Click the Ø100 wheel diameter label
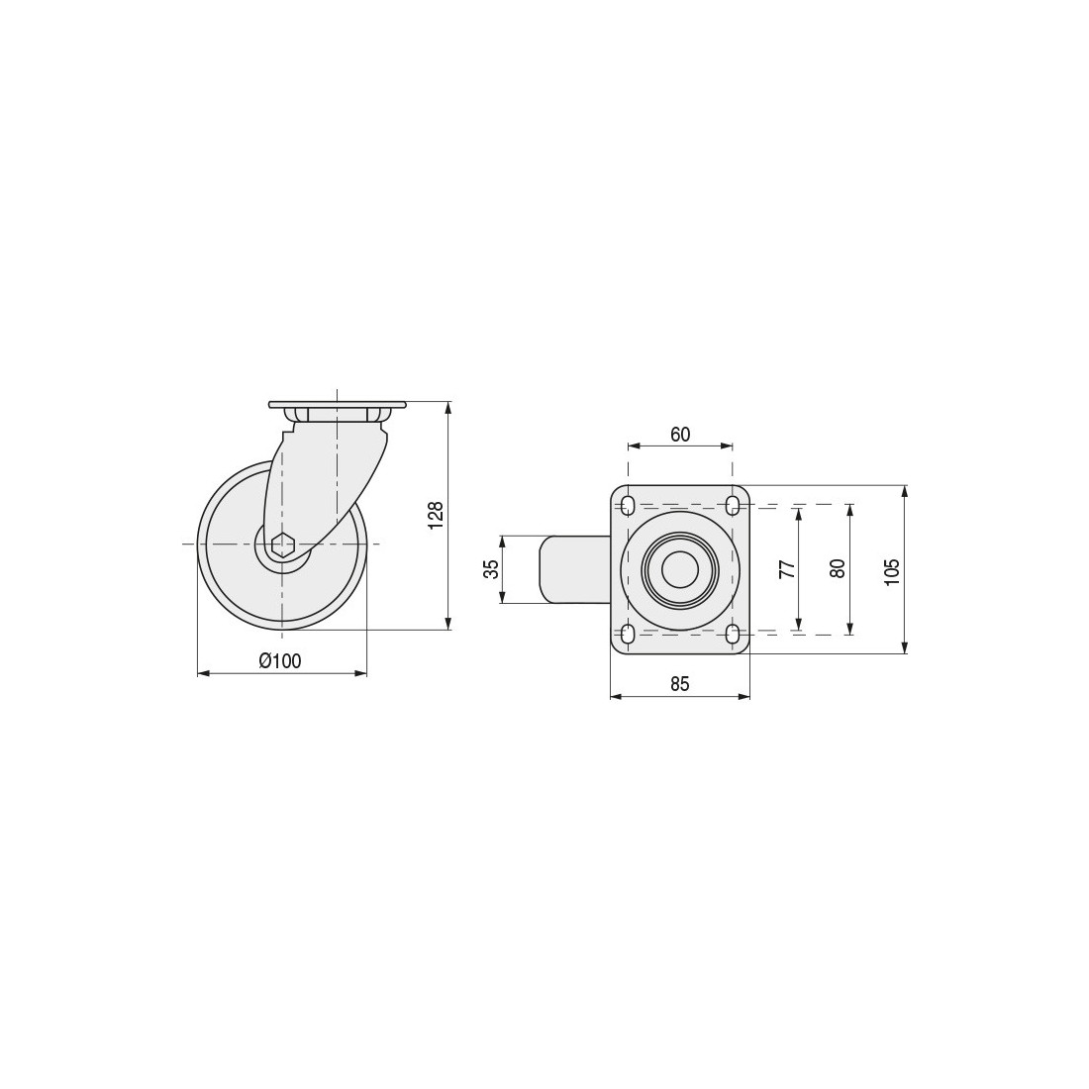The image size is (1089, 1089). (280, 660)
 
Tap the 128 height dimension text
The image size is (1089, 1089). (436, 516)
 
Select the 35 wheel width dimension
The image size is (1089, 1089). (491, 569)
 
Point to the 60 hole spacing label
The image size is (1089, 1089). (680, 434)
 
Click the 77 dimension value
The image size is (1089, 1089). (786, 569)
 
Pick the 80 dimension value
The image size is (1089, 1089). (838, 569)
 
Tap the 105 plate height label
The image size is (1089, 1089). (892, 571)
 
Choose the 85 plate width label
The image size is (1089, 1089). (680, 684)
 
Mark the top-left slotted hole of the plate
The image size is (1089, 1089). (628, 505)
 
